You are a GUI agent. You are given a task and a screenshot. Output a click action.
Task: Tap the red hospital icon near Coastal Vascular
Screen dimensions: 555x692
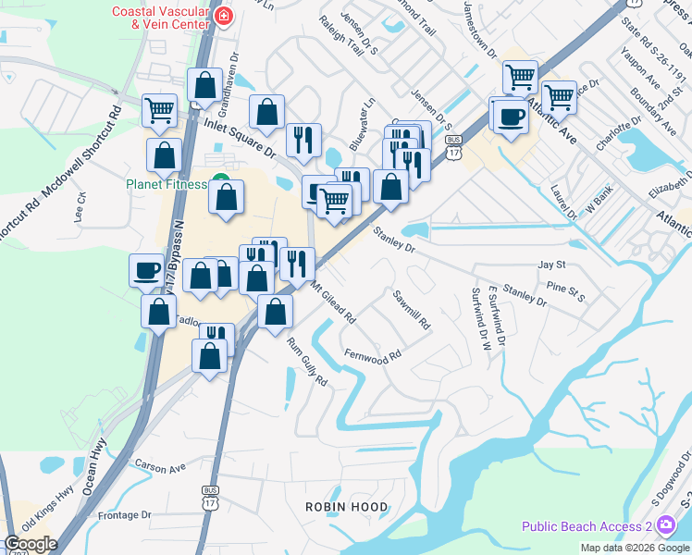point(222,16)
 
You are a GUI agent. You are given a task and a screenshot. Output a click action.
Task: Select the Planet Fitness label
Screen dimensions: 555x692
point(167,183)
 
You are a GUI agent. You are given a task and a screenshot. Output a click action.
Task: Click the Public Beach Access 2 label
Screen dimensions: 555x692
point(586,526)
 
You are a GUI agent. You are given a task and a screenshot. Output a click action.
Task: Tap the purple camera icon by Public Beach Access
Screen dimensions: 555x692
point(666,526)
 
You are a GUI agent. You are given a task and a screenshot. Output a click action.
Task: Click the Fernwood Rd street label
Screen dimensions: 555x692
point(372,355)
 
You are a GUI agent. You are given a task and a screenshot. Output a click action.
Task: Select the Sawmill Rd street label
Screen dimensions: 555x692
point(412,311)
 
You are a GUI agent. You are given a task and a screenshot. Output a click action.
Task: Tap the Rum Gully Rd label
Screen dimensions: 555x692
point(307,362)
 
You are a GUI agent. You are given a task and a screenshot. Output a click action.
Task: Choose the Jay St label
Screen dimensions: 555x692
point(551,265)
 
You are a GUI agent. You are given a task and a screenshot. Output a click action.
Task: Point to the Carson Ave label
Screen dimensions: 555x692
point(160,466)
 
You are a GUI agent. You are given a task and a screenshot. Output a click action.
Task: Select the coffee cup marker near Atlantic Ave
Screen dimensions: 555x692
point(510,116)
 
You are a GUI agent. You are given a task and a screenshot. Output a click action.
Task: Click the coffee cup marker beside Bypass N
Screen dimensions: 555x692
point(145,270)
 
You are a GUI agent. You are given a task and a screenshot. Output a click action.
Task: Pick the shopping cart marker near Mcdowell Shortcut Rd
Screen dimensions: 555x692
point(159,110)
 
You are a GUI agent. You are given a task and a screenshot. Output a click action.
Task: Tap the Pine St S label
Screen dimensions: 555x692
point(566,290)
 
